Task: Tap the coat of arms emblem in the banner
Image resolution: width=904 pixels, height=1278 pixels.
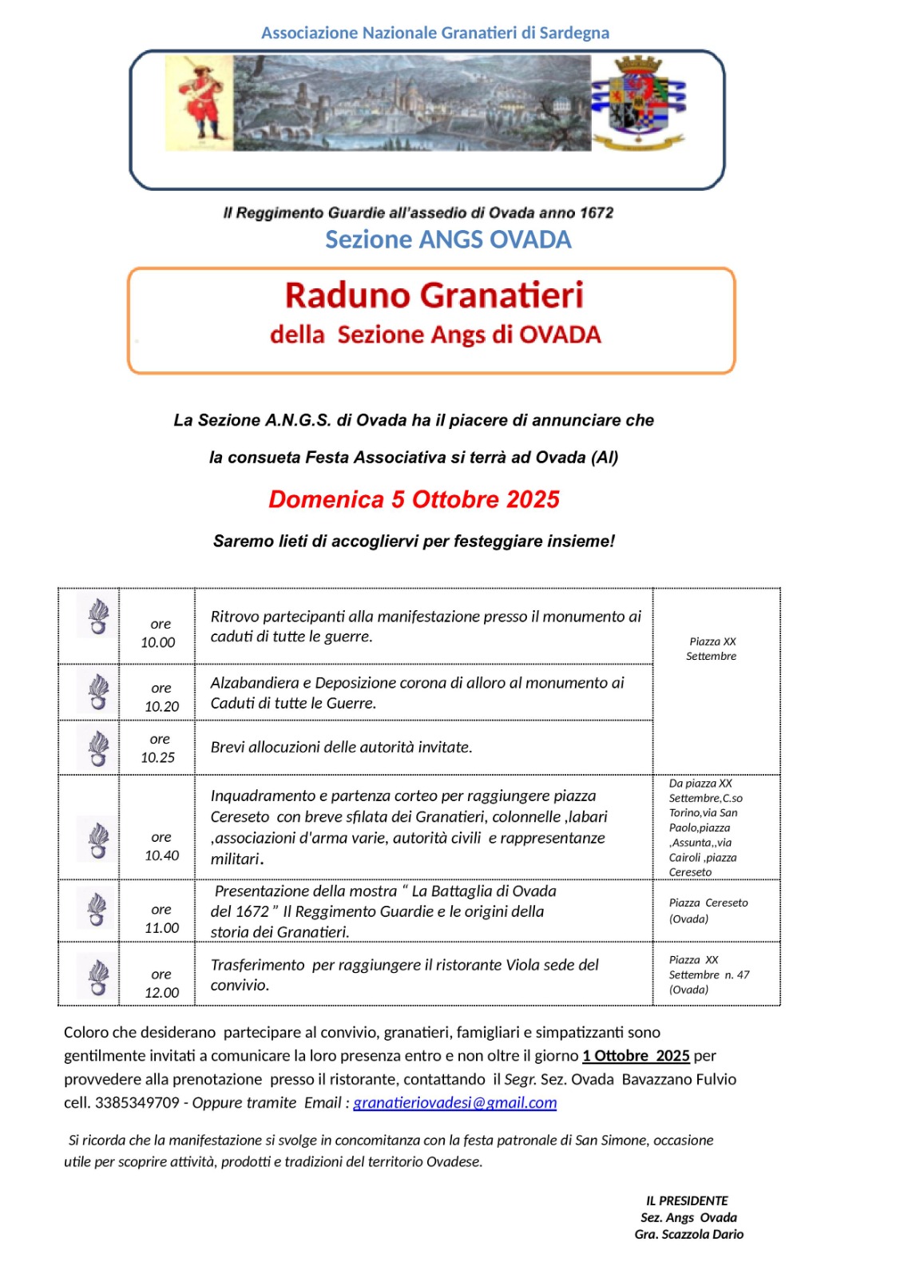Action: pos(638,102)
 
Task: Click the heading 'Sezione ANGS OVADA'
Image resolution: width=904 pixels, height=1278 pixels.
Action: pos(448,240)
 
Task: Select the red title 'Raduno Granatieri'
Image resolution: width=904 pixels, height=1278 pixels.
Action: pos(434,296)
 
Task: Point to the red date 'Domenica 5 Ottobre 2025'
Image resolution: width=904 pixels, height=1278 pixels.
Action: pos(414,499)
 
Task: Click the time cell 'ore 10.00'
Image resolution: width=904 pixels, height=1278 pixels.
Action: pos(158,633)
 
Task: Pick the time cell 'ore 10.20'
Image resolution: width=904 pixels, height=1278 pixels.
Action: pos(161,697)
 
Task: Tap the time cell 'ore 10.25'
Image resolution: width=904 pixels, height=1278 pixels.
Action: pos(158,748)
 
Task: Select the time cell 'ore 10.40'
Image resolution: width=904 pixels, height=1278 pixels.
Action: pos(161,846)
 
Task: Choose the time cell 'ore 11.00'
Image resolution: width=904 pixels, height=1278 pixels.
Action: pos(161,918)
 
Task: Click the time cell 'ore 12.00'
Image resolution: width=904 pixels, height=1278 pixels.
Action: pos(161,983)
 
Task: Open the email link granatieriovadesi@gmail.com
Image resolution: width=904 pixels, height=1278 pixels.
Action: pos(455,1102)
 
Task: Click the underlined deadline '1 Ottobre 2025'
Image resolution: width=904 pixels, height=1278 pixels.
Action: pos(636,1055)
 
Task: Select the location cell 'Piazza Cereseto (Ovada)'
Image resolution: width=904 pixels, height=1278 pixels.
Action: pos(708,911)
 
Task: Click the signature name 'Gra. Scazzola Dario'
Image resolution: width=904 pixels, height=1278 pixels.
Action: pos(688,1234)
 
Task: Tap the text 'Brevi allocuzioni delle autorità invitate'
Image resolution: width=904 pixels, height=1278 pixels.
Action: pos(341,747)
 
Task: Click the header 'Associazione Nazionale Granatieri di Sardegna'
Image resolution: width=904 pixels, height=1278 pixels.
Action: pos(435,33)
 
